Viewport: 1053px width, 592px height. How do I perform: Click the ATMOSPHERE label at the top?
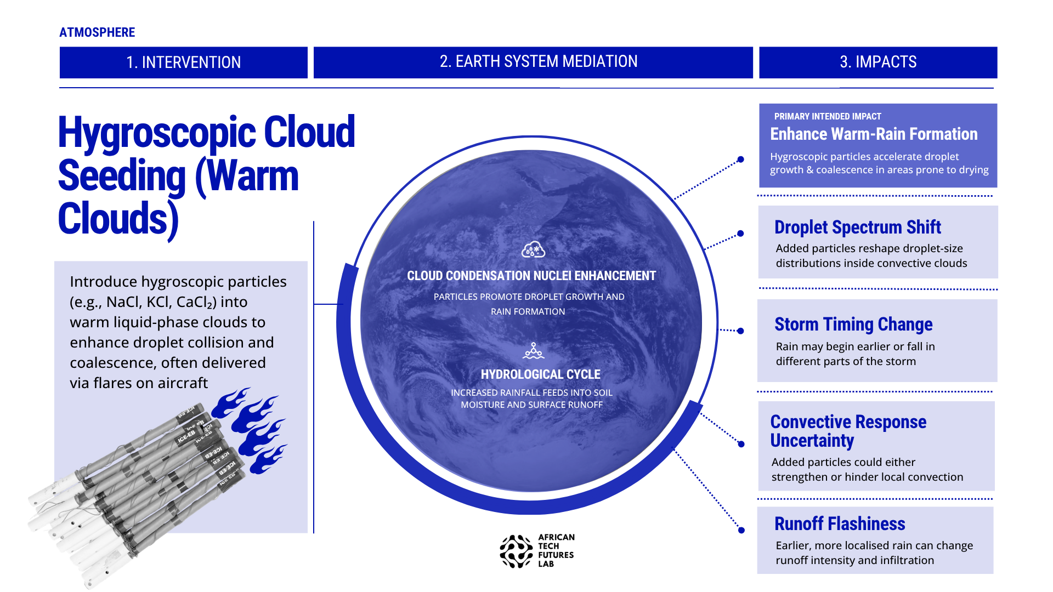click(97, 32)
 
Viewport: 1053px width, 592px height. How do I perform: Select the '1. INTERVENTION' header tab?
click(184, 62)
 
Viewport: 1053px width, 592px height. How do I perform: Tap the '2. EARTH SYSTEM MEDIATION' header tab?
click(533, 62)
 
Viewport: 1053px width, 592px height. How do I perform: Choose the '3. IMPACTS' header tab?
click(878, 62)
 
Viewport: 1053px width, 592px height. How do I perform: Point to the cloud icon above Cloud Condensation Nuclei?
click(533, 249)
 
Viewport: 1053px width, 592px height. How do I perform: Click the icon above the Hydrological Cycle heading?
click(534, 351)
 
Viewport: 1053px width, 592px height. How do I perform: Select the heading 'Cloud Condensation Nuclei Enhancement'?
click(531, 276)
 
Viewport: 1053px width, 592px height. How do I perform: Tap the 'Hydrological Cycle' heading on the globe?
click(541, 374)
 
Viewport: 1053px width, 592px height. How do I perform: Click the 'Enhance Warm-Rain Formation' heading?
click(874, 134)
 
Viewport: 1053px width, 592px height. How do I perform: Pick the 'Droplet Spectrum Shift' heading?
click(858, 227)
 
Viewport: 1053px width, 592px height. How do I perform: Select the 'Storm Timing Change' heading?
click(853, 325)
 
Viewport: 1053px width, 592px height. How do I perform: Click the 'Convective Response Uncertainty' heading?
click(848, 431)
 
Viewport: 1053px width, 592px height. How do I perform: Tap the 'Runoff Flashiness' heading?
click(840, 524)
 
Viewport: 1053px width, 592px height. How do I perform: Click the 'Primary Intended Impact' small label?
click(828, 117)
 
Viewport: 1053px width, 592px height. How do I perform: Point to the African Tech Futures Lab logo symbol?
click(516, 551)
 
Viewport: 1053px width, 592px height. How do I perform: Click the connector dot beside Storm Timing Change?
click(740, 331)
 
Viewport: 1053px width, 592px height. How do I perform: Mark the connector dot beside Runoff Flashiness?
click(741, 530)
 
